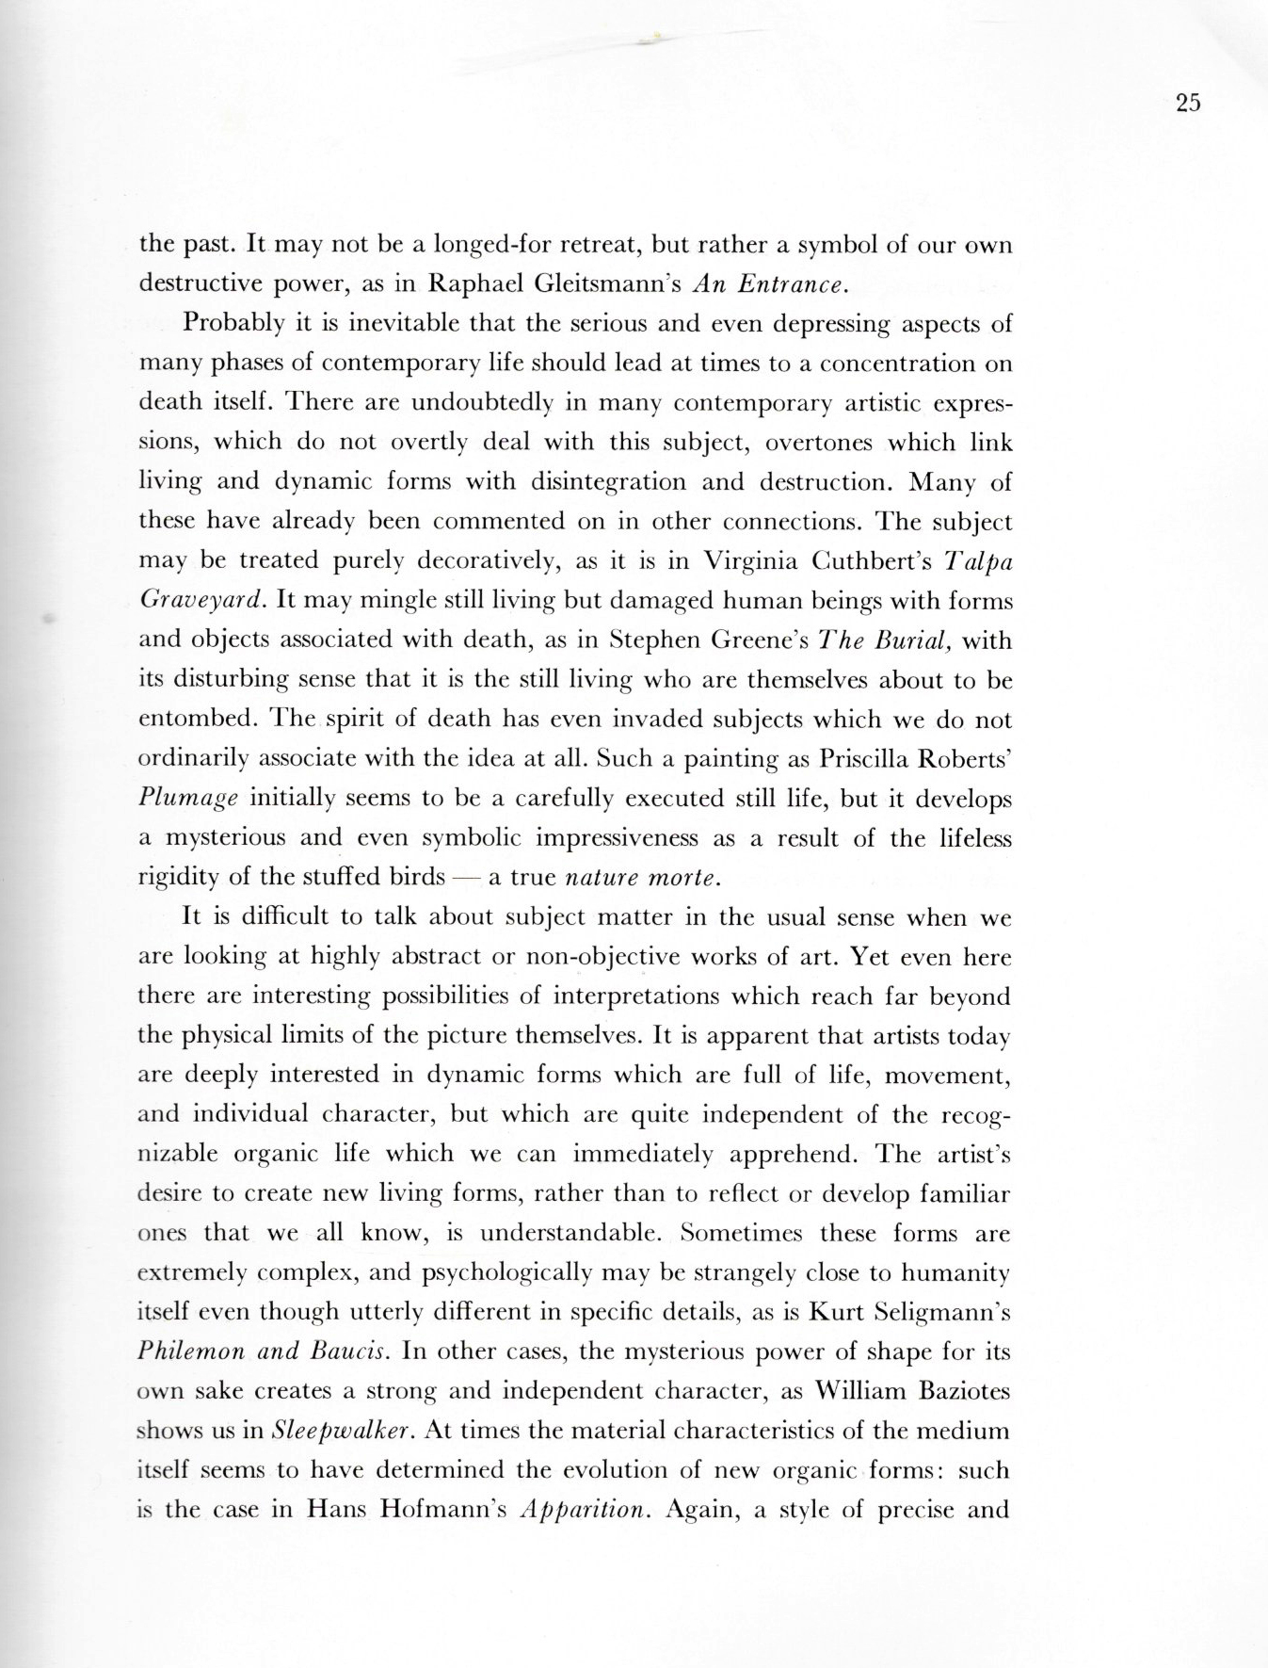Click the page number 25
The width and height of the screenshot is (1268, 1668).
coord(1188,104)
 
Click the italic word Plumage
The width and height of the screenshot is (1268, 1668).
coord(188,798)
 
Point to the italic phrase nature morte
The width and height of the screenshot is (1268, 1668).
coord(642,878)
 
